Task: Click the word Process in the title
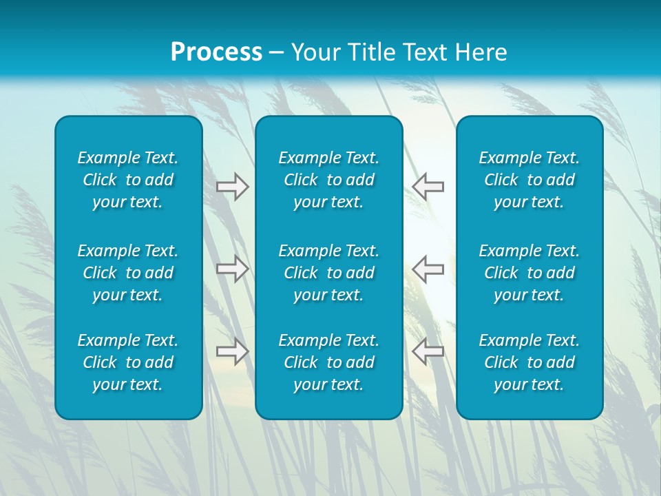pyautogui.click(x=216, y=52)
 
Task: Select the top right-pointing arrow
pyautogui.click(x=232, y=187)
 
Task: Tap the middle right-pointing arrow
pyautogui.click(x=232, y=269)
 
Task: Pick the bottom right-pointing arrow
pyautogui.click(x=232, y=351)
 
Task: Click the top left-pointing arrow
pyautogui.click(x=428, y=187)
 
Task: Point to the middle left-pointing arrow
pyautogui.click(x=428, y=269)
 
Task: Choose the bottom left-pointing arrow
pyautogui.click(x=428, y=351)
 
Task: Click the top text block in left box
pyautogui.click(x=128, y=180)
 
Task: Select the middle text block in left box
pyautogui.click(x=128, y=273)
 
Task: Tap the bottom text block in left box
pyautogui.click(x=128, y=362)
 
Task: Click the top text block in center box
pyautogui.click(x=328, y=180)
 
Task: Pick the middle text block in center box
pyautogui.click(x=328, y=273)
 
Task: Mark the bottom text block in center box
pyautogui.click(x=328, y=362)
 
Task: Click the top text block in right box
pyautogui.click(x=529, y=180)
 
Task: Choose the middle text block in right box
pyautogui.click(x=529, y=273)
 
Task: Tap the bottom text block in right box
pyautogui.click(x=529, y=362)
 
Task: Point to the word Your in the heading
pyautogui.click(x=314, y=52)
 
